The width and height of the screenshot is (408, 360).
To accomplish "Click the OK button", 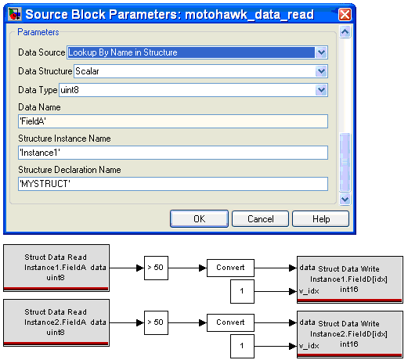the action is point(199,218).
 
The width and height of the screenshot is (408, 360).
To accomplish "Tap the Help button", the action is point(320,218).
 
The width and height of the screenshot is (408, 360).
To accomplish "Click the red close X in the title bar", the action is point(345,14).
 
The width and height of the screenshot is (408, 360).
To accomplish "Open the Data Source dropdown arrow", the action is point(321,52).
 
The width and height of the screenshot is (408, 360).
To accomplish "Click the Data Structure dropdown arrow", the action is point(321,71).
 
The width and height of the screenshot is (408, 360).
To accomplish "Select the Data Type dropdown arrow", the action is point(321,90).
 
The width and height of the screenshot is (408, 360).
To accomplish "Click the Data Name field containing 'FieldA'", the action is point(173,121).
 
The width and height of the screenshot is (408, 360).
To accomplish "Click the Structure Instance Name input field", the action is point(173,153).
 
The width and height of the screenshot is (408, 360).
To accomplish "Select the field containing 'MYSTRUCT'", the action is point(173,184).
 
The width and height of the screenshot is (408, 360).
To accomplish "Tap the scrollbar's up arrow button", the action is point(345,32).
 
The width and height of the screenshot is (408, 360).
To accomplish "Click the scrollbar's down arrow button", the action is point(345,200).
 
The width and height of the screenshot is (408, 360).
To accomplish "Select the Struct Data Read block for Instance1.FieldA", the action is point(56,268).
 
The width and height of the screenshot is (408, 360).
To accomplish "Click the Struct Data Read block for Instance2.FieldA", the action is point(56,322).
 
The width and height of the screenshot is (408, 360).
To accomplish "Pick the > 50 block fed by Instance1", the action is point(156,268).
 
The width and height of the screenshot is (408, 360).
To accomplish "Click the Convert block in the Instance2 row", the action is point(230,322).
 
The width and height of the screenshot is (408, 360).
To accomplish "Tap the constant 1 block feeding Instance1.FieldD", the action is point(242,291).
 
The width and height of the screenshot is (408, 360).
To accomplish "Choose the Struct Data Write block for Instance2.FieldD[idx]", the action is point(350,334).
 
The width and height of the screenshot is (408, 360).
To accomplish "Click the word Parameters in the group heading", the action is point(38,32).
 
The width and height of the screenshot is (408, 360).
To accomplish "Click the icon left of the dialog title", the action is point(14,14).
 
